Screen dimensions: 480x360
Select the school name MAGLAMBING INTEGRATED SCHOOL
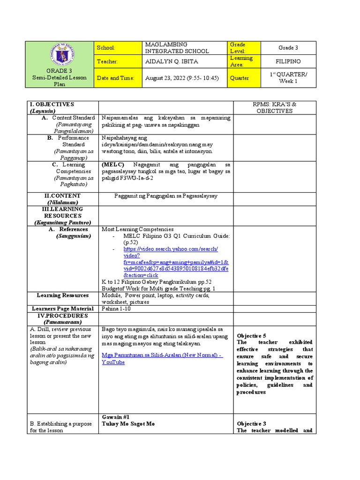(x=177, y=47)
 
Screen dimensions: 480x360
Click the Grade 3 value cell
(x=288, y=48)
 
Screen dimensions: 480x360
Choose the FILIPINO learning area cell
(x=288, y=61)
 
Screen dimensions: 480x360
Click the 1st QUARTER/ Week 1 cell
(x=288, y=78)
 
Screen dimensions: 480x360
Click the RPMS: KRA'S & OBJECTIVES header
(x=275, y=107)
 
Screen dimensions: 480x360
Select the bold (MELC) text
(x=113, y=165)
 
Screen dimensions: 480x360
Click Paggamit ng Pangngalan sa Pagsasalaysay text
(x=166, y=195)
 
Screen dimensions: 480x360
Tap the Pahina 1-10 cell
(x=118, y=308)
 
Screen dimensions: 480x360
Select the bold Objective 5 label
(x=251, y=336)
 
